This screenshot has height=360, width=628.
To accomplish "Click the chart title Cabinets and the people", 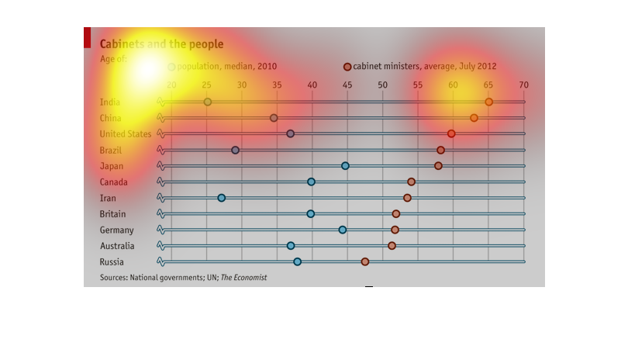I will (161, 44).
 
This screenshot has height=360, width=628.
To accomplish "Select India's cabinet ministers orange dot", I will (488, 102).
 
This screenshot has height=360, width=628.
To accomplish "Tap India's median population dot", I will (207, 102).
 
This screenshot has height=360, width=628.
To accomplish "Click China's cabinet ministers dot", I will (474, 118).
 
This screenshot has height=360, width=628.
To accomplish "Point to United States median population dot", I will (291, 133).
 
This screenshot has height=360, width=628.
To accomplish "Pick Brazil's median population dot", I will (235, 150).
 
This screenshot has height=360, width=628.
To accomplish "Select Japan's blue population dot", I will (345, 165).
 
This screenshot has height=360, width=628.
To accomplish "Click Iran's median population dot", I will (221, 198).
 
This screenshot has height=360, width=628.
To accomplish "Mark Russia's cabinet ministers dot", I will (365, 261).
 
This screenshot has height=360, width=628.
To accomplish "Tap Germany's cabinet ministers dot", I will (395, 230).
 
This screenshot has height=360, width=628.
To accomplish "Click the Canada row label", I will (113, 182).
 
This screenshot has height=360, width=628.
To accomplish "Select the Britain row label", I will (113, 214).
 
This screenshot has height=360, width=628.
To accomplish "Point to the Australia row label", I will (117, 246).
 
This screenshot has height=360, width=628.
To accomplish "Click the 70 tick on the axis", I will (524, 85).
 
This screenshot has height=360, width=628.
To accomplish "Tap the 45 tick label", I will (347, 85).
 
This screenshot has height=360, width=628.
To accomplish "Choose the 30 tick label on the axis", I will (242, 85).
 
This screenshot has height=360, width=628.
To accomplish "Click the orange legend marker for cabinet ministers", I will (347, 67).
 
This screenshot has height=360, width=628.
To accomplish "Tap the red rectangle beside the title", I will (87, 36).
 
